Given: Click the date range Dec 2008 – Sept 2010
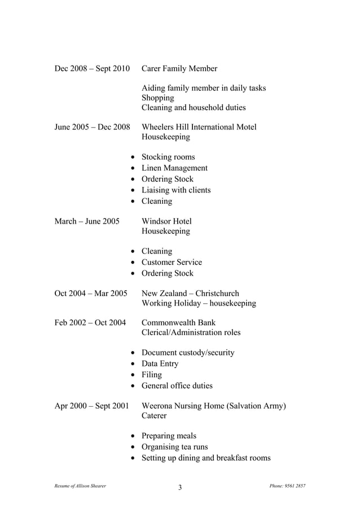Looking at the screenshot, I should click(92, 69).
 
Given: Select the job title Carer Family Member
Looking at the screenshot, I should click(179, 69).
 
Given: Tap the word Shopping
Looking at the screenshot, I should click(157, 98).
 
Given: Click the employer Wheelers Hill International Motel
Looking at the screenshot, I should click(199, 127).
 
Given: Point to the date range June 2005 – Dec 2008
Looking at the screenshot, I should click(92, 127).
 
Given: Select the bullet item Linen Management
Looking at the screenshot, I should click(174, 168).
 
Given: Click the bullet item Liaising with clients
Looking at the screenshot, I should click(175, 190).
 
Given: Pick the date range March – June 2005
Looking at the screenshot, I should click(87, 221).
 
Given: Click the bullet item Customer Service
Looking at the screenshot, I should click(172, 263).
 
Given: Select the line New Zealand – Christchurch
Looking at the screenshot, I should click(190, 294).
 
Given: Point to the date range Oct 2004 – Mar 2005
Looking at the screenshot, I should click(90, 294).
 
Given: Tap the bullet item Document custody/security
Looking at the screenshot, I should click(188, 353).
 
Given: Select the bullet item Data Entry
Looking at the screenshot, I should click(160, 364).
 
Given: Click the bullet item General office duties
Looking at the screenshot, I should click(177, 386).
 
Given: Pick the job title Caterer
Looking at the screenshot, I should click(154, 416).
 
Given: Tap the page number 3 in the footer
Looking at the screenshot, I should click(180, 488).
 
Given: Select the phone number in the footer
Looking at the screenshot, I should click(288, 486).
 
